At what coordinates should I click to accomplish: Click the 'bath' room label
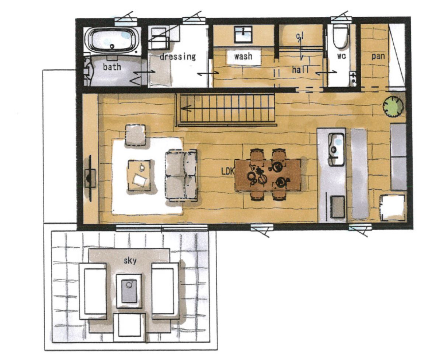112,67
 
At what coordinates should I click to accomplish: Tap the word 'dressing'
178,57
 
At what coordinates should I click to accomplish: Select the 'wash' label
243,56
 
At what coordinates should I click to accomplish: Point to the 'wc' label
341,56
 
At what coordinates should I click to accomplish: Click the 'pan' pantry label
378,56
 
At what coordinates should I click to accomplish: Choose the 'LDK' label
228,171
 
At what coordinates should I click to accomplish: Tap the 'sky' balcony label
130,261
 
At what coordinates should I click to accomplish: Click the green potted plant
393,106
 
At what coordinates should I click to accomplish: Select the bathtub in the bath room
113,40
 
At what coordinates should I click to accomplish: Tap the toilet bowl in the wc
341,36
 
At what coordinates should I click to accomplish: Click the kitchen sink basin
336,150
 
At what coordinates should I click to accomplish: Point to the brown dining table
268,175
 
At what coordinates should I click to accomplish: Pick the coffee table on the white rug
139,175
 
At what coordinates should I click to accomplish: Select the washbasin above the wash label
243,35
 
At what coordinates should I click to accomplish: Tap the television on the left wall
90,178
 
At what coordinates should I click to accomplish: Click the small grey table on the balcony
129,291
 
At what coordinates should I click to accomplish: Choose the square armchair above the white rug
135,135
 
